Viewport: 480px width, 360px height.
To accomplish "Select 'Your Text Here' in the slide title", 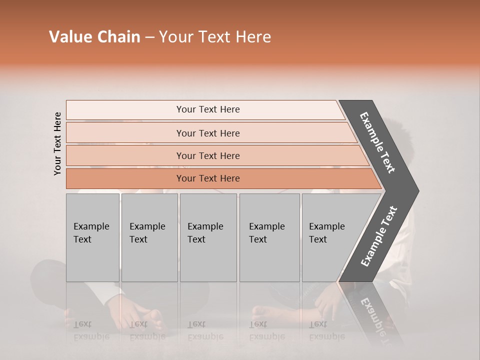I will coord(215,37).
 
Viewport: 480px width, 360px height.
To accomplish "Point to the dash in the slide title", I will coord(149,37).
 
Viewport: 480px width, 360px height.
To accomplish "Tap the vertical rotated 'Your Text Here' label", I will coord(57,143).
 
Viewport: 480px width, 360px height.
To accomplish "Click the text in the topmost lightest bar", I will coord(208,109).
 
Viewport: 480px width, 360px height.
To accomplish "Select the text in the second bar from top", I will coord(208,133).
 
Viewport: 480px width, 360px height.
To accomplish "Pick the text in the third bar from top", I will coord(208,156).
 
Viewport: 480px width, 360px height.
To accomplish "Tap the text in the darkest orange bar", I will coord(208,178).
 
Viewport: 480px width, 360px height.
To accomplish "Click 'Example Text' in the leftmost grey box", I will coord(91,233).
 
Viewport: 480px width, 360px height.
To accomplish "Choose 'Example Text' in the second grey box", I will coord(147,233).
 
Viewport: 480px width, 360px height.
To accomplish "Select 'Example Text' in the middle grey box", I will coord(205,233).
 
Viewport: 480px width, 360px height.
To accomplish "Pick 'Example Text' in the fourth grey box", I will coord(266,233).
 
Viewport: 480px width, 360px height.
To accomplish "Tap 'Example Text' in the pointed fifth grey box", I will coord(326,233).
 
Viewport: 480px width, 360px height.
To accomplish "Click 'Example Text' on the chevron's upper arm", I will coord(377,142).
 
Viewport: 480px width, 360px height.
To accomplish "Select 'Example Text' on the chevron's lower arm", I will coord(379,236).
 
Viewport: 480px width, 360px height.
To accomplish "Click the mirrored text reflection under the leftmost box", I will coord(91,330).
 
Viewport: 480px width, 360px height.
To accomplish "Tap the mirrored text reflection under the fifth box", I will coord(326,330).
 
